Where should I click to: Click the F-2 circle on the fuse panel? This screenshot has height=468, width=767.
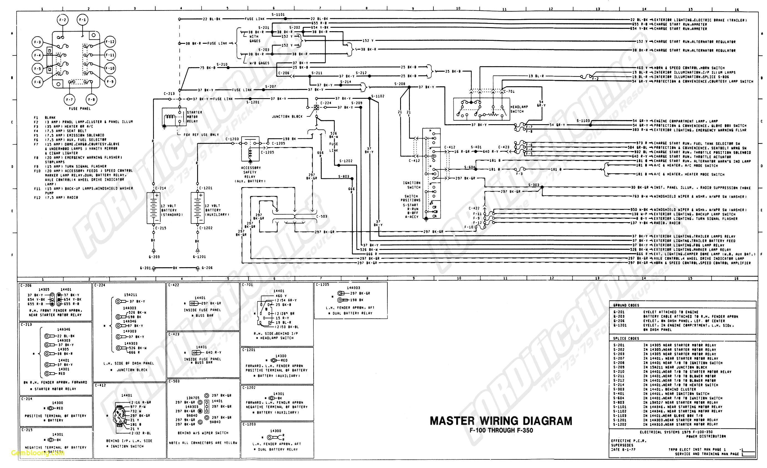click(63, 20)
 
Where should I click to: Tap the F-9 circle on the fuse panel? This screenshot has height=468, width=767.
click(110, 82)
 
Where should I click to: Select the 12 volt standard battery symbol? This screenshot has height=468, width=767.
click(153, 208)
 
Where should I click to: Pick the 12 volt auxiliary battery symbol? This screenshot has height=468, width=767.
click(197, 208)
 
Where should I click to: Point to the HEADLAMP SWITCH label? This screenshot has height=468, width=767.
click(519, 109)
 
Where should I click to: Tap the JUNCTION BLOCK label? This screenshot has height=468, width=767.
click(287, 117)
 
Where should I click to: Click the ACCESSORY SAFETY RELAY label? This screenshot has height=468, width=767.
click(251, 174)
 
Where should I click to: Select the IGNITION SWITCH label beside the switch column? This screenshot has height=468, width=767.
click(412, 185)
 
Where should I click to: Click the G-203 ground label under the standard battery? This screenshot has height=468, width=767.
click(154, 257)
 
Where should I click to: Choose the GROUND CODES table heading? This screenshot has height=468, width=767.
click(626, 305)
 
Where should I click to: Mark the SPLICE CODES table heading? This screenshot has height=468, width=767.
click(626, 339)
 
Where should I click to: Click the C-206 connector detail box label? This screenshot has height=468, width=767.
click(26, 285)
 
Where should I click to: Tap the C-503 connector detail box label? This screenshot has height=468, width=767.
click(174, 381)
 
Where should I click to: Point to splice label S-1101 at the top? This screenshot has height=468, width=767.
click(278, 14)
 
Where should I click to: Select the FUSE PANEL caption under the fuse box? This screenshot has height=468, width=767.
click(80, 109)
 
